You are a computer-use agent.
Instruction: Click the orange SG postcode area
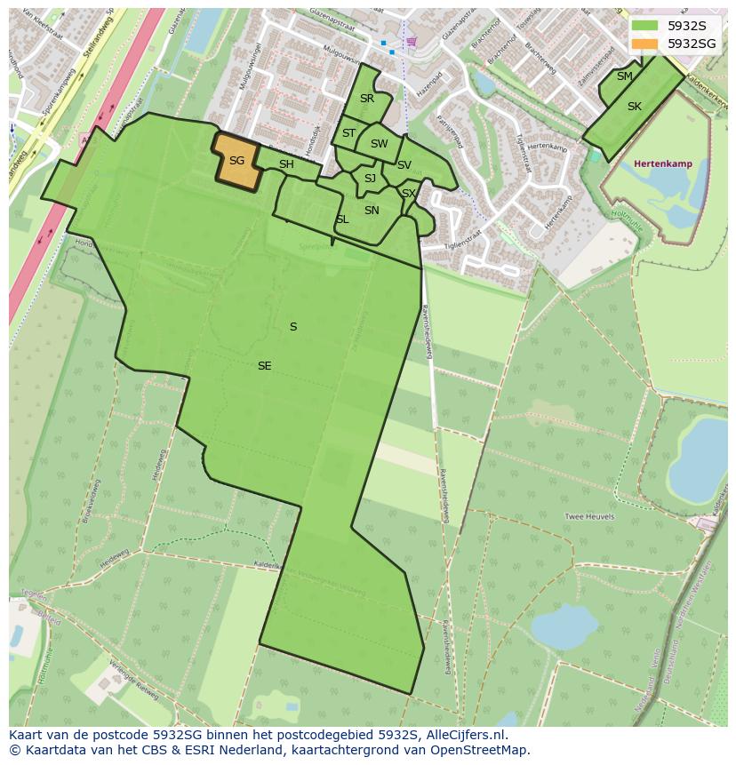[x=236, y=161]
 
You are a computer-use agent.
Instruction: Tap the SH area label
[x=286, y=164]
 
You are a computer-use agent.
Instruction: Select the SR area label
[x=367, y=99]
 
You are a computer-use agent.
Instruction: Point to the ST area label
[x=348, y=133]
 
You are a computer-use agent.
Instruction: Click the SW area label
[x=380, y=144]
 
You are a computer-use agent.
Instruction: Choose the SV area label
[x=404, y=165]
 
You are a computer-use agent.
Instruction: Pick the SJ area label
[x=370, y=179]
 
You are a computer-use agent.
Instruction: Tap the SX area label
[x=409, y=193]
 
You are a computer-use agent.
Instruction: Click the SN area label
[x=372, y=211]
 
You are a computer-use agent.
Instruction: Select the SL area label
[x=342, y=219]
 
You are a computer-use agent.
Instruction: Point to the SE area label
[x=264, y=366]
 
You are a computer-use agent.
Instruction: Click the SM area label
[x=625, y=76]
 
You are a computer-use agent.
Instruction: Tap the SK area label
[x=635, y=107]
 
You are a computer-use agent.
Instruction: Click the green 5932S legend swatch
[x=644, y=26]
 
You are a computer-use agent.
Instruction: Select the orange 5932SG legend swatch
[x=644, y=43]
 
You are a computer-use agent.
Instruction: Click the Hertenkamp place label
[x=663, y=163]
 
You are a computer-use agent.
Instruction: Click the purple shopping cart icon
[x=411, y=41]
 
